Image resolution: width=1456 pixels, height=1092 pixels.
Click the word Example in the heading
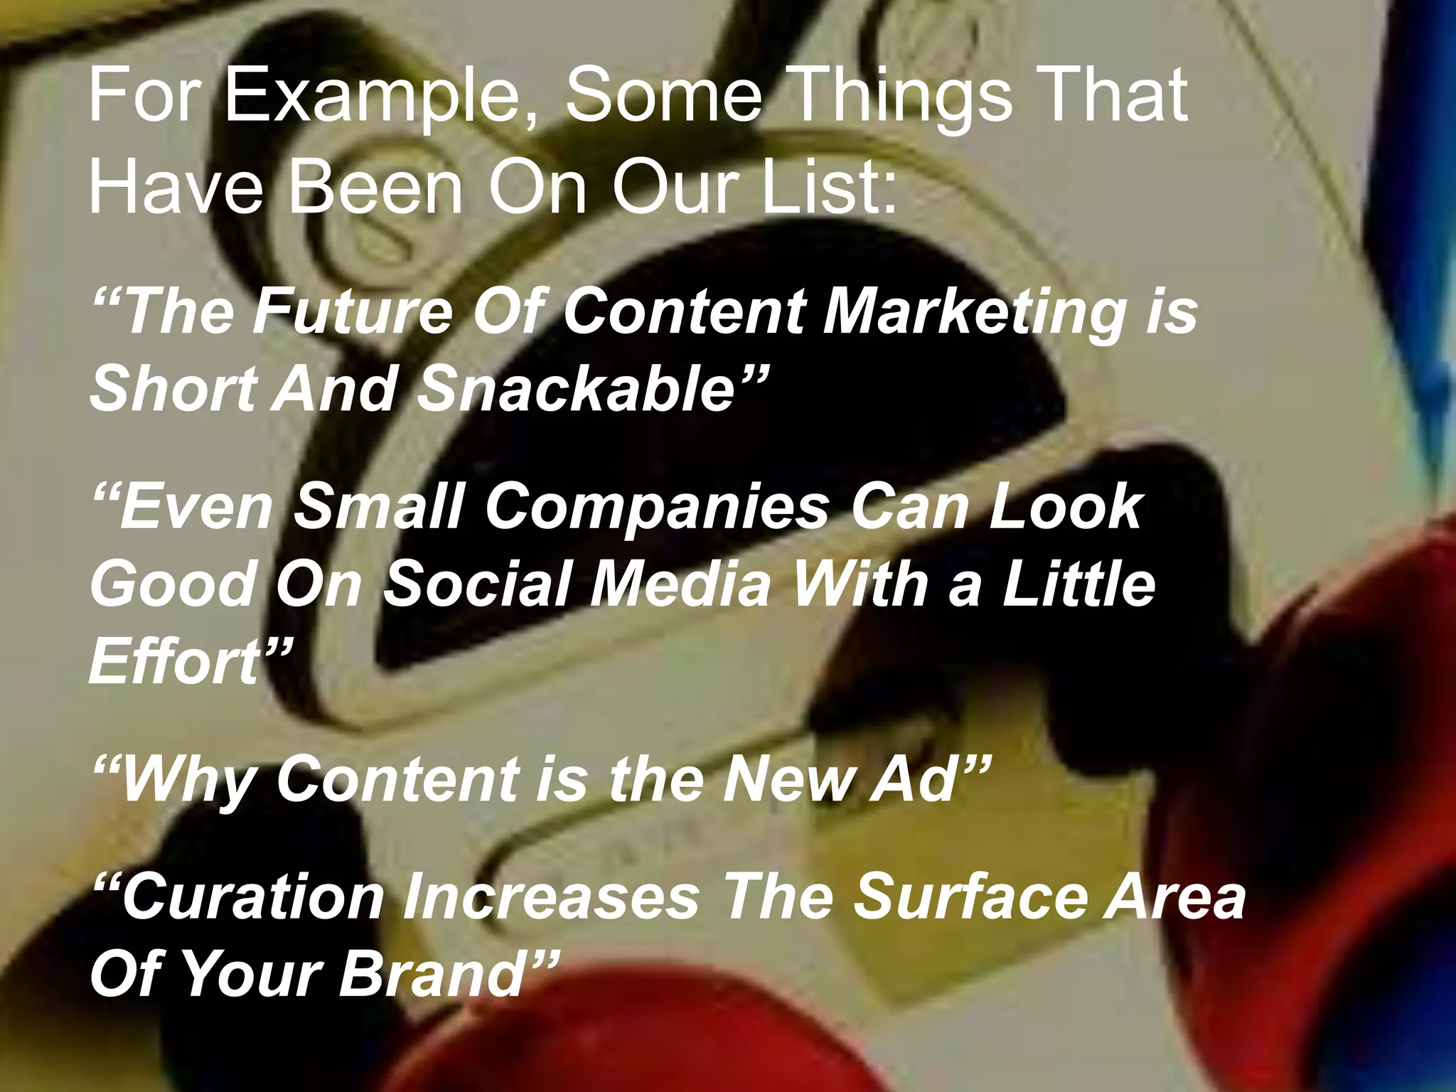380,97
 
